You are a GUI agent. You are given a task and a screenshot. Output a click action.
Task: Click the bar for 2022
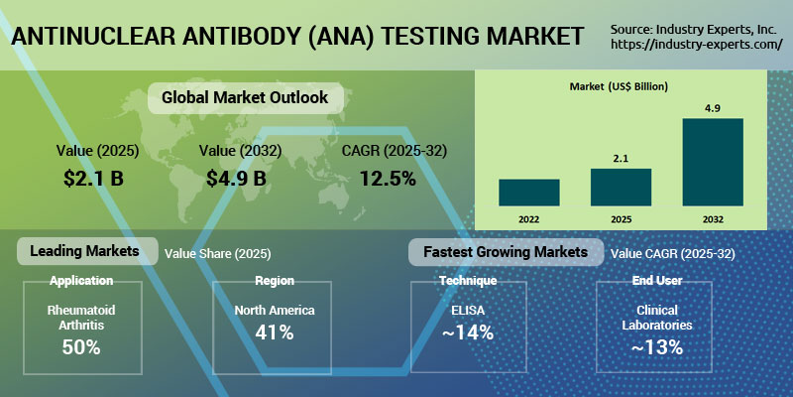529,193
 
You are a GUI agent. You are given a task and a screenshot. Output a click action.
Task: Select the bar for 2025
622,188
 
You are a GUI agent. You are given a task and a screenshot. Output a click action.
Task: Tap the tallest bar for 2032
713,162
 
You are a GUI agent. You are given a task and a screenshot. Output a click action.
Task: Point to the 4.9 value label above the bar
713,109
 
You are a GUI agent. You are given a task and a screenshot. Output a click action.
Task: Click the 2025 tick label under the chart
622,219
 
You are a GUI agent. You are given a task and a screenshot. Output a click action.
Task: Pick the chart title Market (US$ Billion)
619,86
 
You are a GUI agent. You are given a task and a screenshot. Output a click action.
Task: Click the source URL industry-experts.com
697,44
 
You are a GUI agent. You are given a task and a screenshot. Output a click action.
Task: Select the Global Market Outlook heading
245,97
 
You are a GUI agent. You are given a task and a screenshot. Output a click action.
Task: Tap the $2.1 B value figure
93,178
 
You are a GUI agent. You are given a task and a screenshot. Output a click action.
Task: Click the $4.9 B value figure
236,178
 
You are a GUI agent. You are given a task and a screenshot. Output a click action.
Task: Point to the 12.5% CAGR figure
388,178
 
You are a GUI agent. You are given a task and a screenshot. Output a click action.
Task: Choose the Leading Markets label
84,251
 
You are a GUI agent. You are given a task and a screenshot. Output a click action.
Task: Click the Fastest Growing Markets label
506,252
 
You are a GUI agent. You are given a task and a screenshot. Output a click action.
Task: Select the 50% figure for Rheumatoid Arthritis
81,347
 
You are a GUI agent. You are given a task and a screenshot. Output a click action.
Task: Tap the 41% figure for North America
275,332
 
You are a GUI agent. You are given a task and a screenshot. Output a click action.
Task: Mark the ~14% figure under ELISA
467,332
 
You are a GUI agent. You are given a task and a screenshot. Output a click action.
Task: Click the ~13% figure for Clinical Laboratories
657,347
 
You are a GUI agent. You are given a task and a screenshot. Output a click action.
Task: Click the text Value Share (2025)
217,254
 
